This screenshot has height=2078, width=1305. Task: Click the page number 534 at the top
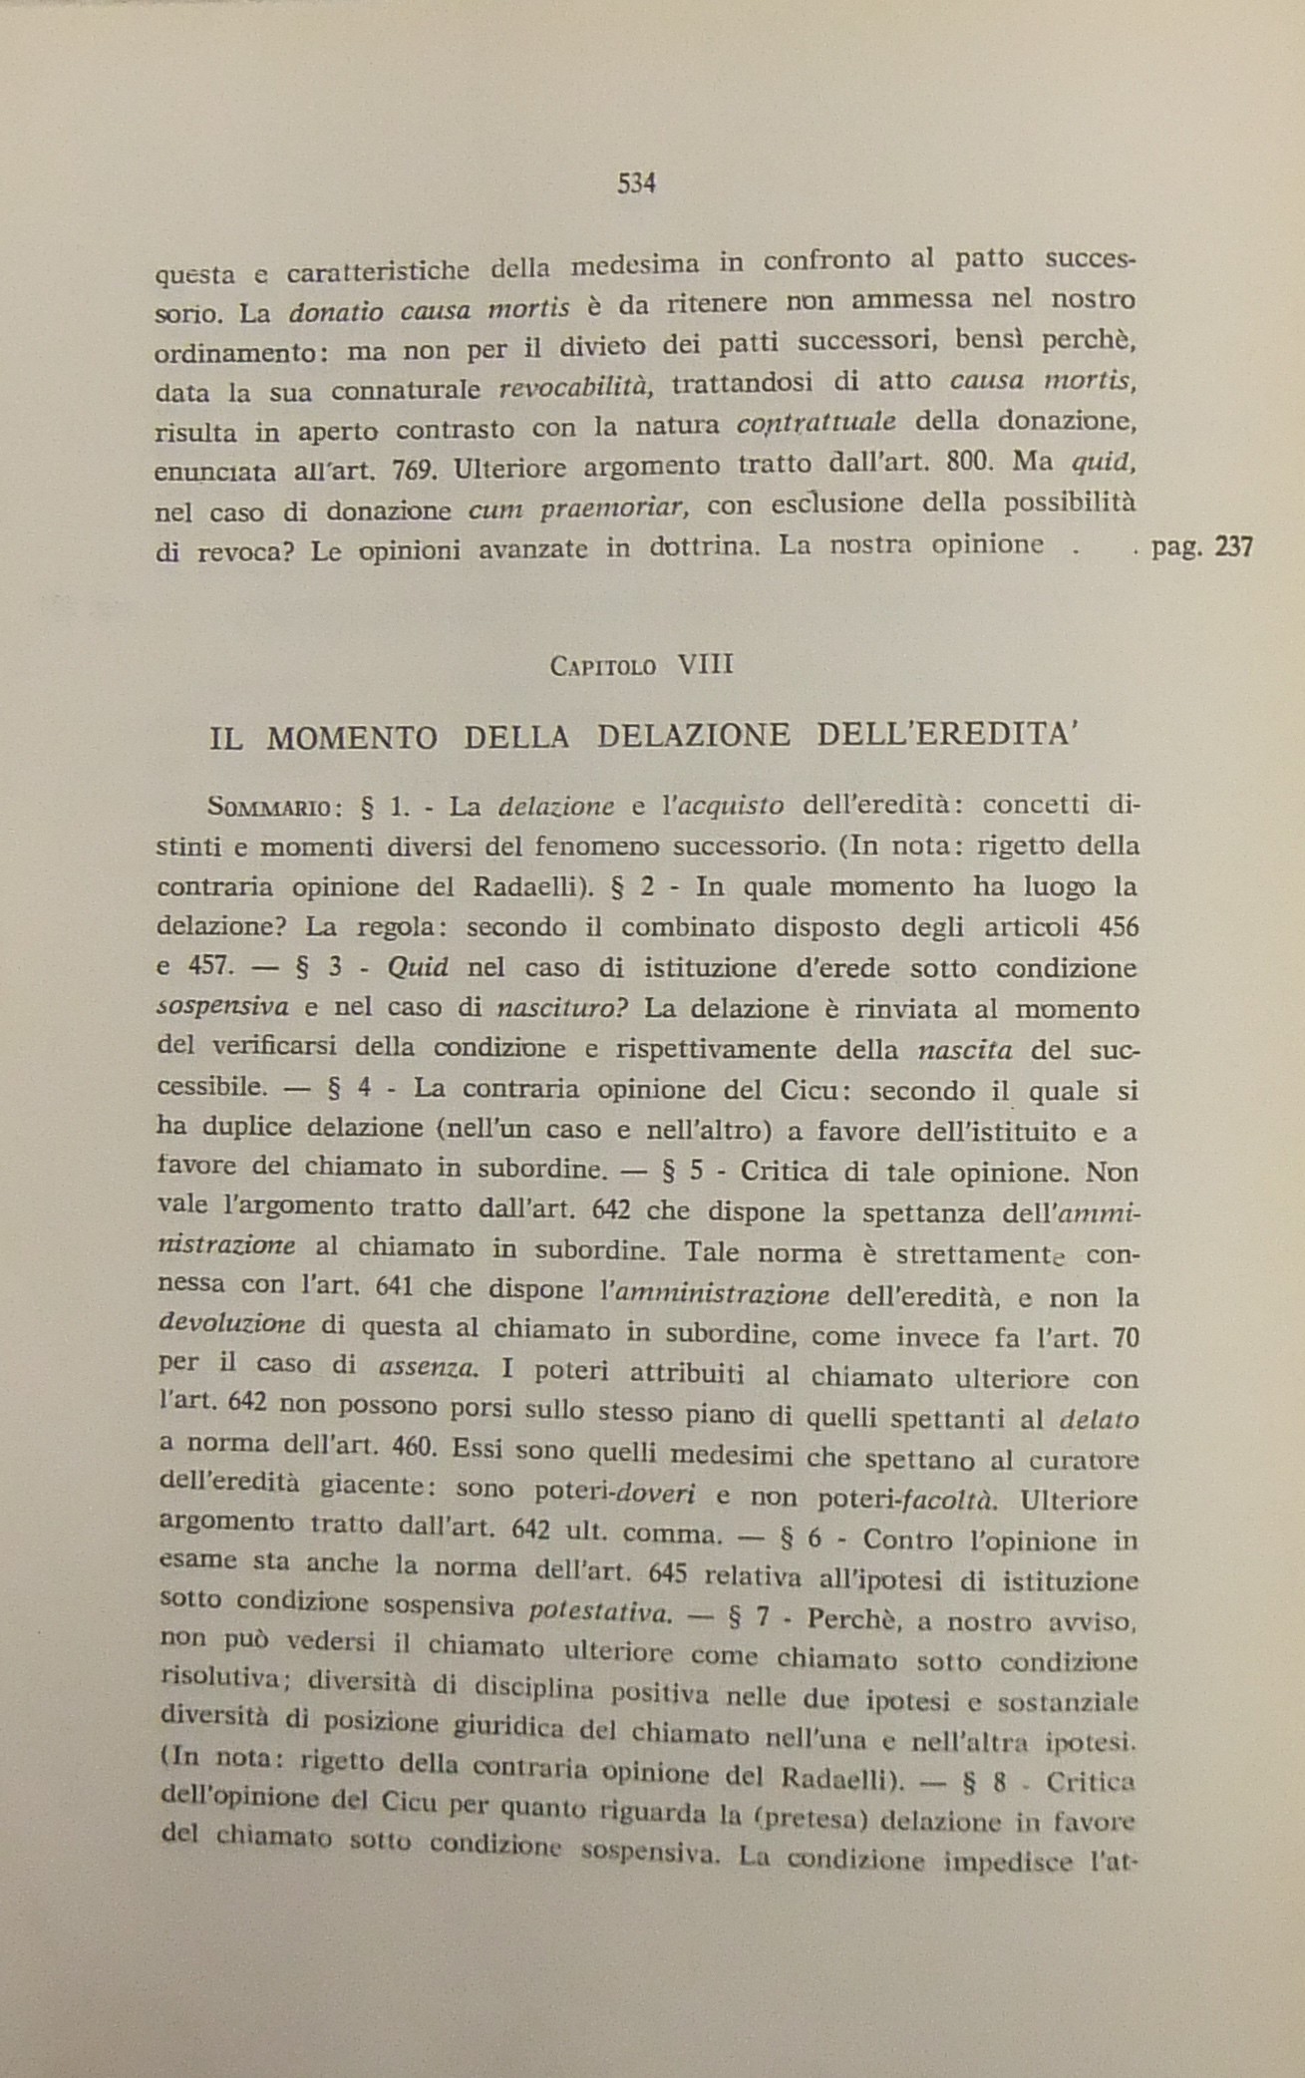635,183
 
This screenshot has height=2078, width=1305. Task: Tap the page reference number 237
1232,546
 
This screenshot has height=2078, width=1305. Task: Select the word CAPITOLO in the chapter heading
602,667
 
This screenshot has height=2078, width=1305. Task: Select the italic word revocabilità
575,387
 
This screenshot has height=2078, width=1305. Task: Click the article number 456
1117,926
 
